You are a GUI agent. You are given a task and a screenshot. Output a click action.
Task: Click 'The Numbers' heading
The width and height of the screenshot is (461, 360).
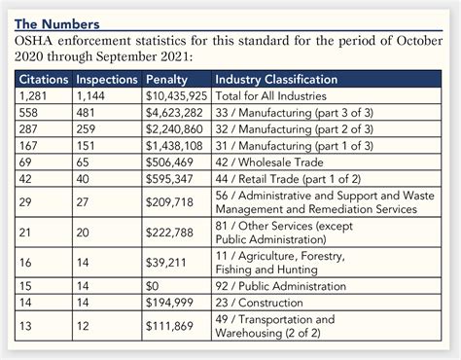tap(57, 24)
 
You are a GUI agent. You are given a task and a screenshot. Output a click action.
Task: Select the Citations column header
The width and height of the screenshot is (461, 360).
tap(44, 80)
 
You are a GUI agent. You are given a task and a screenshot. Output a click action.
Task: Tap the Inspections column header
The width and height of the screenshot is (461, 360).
tap(107, 80)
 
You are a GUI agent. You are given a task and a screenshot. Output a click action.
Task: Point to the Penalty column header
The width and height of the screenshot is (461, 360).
tap(166, 80)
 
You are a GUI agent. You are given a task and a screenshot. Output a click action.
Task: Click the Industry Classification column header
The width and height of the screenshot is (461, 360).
tap(276, 80)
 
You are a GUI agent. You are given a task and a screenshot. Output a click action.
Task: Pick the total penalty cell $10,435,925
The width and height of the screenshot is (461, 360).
tap(176, 96)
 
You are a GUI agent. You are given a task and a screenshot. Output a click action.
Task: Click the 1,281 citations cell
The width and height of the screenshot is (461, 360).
tap(33, 96)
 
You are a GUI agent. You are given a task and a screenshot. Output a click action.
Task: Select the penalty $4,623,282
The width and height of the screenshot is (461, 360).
tap(174, 113)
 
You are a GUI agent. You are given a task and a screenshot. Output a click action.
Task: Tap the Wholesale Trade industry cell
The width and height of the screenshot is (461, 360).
tap(269, 162)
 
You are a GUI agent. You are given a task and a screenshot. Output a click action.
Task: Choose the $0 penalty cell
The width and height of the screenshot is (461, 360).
tap(153, 286)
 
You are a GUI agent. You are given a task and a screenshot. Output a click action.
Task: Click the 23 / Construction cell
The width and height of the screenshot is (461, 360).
tap(260, 303)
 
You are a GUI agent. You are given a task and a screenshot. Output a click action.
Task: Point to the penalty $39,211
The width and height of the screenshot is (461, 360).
tap(166, 263)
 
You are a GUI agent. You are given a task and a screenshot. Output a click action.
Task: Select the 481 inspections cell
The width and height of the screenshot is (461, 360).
tap(86, 113)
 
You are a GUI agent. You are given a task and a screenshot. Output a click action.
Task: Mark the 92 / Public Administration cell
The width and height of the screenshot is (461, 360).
tap(281, 286)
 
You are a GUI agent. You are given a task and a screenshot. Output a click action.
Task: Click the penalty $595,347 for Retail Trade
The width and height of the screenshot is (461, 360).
tap(169, 179)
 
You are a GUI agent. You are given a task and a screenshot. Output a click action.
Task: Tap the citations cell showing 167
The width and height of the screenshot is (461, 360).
tap(28, 146)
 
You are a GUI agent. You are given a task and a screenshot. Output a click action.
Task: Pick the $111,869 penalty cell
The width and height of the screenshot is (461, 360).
tap(169, 326)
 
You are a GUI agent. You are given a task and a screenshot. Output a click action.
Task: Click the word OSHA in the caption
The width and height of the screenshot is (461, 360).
tap(33, 41)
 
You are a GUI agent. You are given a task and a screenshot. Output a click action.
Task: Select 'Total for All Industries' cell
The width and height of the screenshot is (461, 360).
tap(271, 96)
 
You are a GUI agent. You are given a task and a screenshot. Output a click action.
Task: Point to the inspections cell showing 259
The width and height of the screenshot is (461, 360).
tap(86, 129)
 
